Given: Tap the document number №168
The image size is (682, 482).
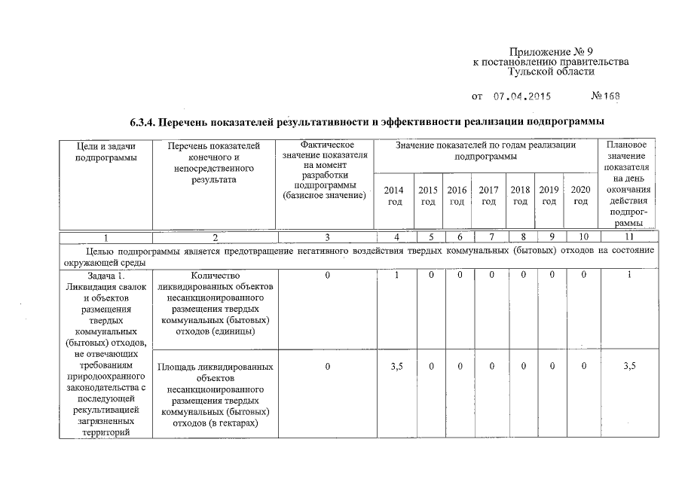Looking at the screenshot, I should pos(607,96).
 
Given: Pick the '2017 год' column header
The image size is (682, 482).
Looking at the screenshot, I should pos(488,195).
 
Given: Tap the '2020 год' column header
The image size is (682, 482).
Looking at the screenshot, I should pos(580,195).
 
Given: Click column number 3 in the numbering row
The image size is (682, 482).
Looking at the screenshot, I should pos(327,237).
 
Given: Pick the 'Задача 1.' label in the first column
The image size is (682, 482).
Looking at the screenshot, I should pos(106,276).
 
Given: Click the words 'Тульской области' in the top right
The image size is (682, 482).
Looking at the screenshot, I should pos(551,72).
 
